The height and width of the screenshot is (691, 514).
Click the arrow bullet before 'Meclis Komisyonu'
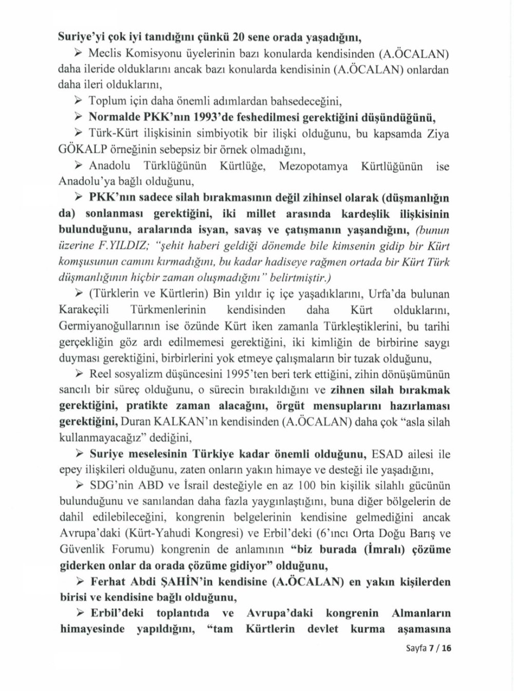click(x=79, y=53)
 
